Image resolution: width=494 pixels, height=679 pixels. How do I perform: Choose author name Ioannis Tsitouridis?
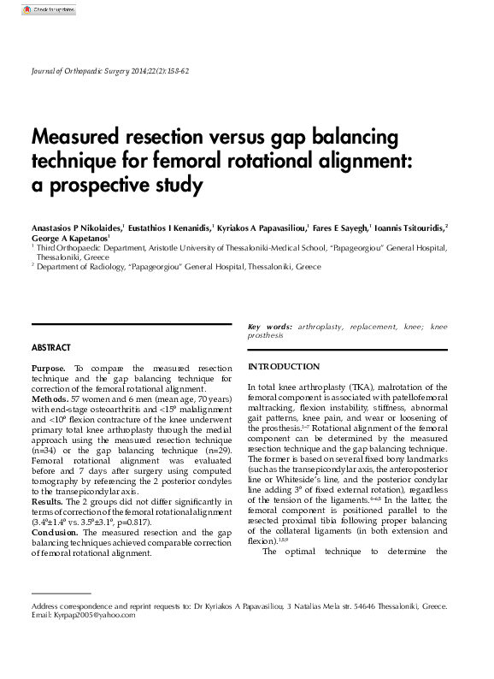(x=404, y=228)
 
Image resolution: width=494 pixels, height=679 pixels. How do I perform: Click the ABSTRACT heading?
(x=51, y=348)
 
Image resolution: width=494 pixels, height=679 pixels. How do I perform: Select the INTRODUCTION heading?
(x=283, y=367)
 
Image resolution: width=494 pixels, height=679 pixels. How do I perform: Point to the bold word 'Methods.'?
(x=50, y=399)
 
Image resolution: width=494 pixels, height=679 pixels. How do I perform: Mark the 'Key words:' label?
(x=269, y=327)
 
